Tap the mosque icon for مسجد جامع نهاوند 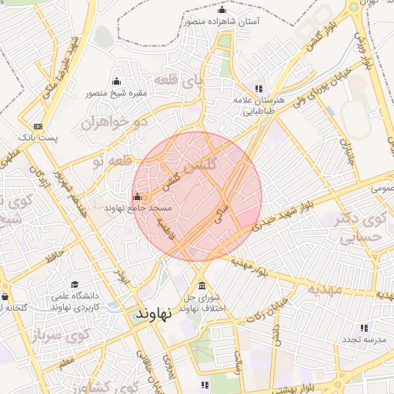(138, 196)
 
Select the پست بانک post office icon (38, 127)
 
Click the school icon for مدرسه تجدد (364, 328)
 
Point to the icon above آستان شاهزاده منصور (222, 10)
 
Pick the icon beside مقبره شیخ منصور (116, 82)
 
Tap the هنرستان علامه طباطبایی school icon (259, 88)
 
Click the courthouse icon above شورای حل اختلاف (202, 285)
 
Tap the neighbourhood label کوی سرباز (66, 335)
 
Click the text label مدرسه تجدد (365, 340)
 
